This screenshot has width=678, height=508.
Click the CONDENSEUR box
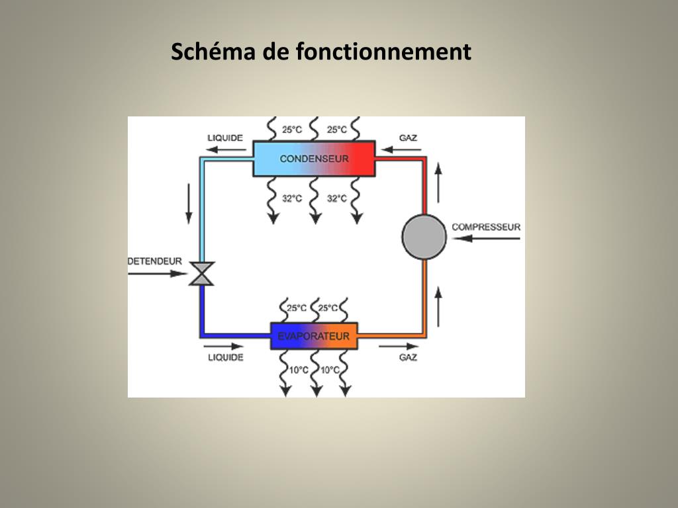tap(314, 159)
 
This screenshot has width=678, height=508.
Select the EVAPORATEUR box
tap(314, 336)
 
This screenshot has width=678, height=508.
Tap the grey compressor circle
tap(424, 237)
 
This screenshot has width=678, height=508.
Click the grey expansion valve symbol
tap(201, 273)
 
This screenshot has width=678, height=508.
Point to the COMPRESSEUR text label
tap(486, 227)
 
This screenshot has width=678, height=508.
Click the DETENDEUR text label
tap(154, 261)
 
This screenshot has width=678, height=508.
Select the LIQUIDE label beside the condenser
tap(225, 138)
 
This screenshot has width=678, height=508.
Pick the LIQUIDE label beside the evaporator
tap(226, 357)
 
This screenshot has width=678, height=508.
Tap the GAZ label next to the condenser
tap(408, 138)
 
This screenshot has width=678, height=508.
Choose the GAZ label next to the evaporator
tap(408, 357)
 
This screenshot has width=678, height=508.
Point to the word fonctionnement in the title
tap(383, 52)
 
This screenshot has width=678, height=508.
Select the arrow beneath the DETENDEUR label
tap(154, 273)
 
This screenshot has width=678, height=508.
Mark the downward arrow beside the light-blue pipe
tap(189, 203)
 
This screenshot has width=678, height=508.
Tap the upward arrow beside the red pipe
tap(438, 183)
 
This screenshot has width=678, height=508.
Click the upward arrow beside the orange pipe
tap(438, 306)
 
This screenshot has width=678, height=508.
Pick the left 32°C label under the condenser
tap(292, 198)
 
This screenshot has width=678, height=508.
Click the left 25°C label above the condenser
tap(292, 130)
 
